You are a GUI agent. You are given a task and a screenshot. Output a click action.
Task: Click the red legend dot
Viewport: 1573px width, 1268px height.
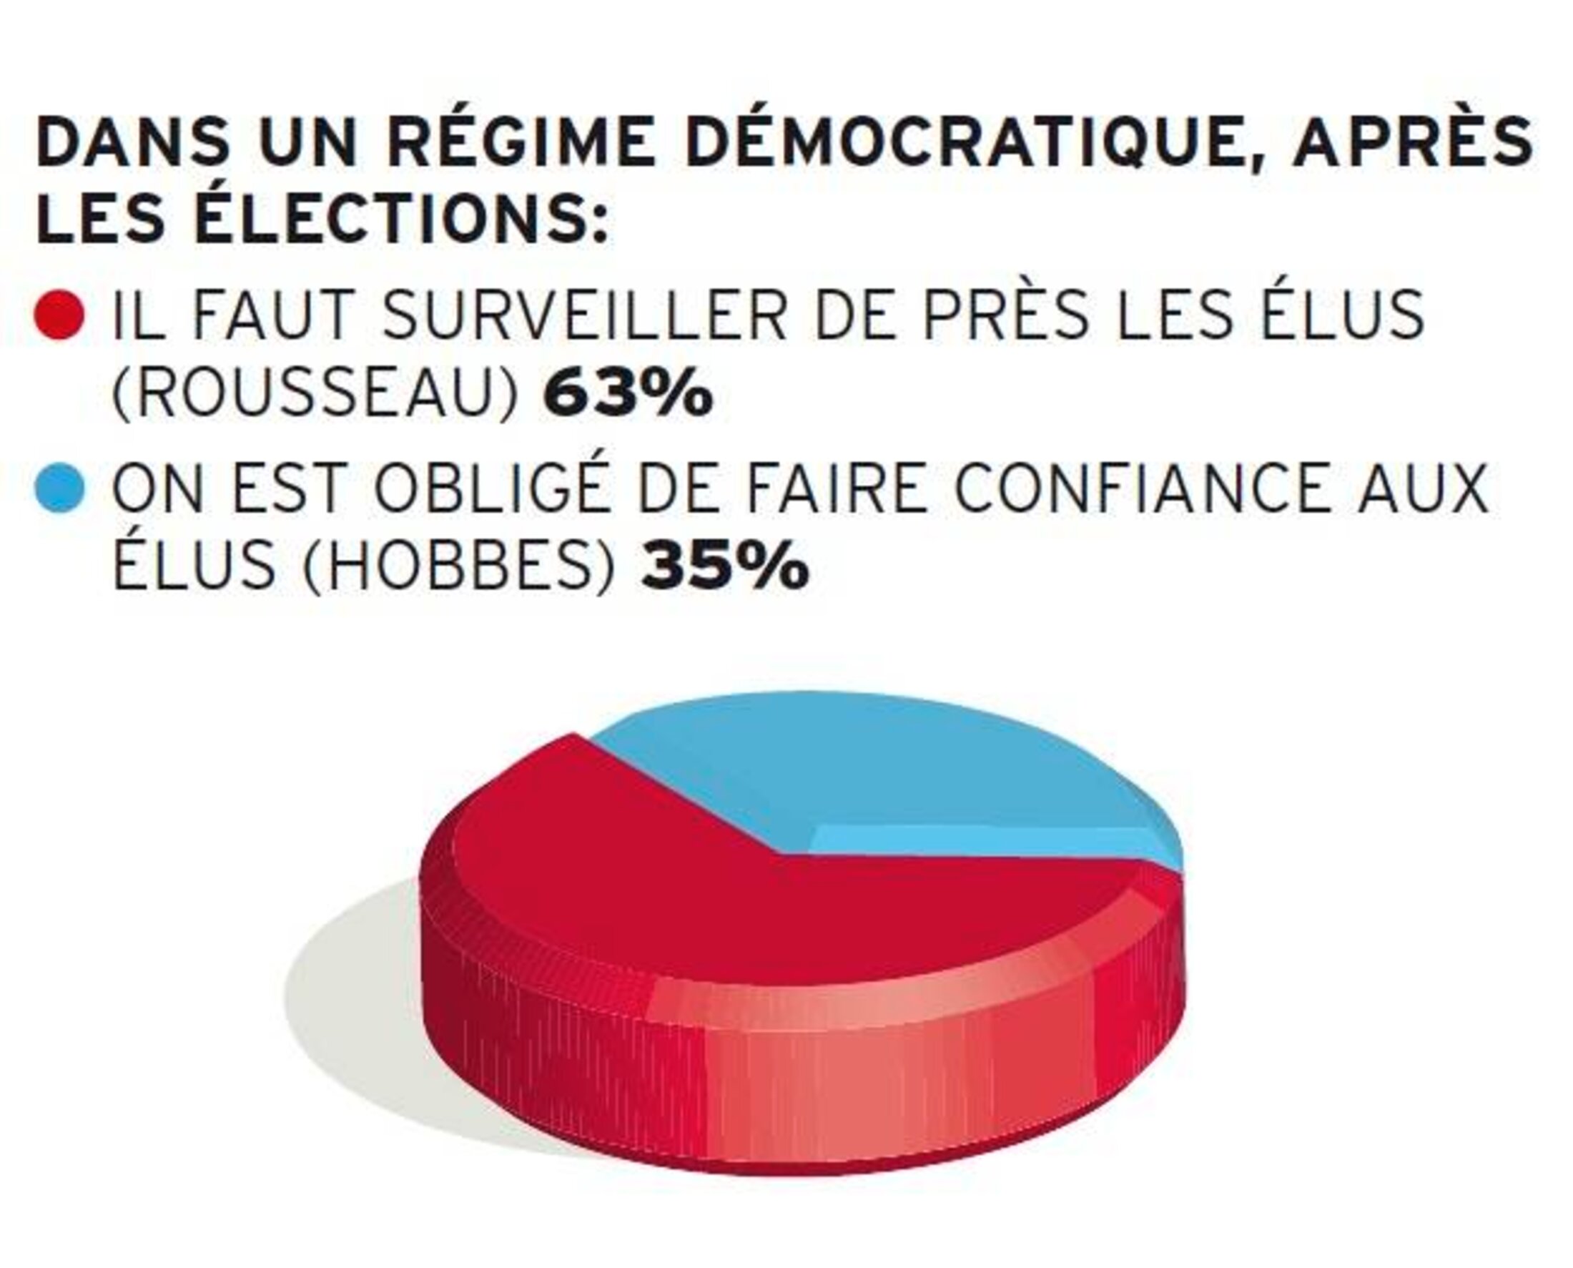click(x=61, y=315)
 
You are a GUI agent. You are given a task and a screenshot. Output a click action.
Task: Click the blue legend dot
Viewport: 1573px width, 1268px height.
click(x=61, y=488)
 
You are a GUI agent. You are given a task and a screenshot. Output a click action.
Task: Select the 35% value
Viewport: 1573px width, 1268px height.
click(x=725, y=568)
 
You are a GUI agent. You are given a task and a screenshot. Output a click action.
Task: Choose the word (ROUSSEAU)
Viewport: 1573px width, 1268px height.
click(x=316, y=395)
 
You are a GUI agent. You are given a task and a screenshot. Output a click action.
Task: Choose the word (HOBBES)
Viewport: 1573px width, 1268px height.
click(x=458, y=568)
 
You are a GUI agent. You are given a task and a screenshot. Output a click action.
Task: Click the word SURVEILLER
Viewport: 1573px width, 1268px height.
click(x=585, y=315)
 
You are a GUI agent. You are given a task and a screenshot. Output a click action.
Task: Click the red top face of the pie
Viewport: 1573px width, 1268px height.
click(x=730, y=913)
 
